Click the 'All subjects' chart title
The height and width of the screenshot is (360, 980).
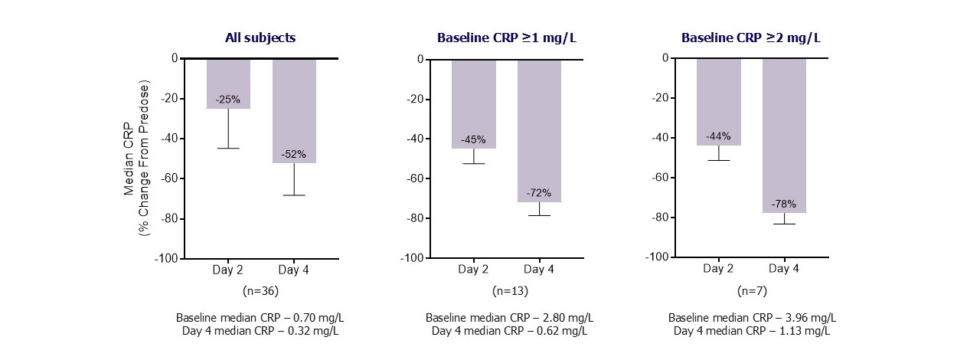[x=260, y=37]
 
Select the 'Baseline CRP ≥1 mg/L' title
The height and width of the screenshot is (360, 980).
[x=506, y=37]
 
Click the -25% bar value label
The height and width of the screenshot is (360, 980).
[x=227, y=100]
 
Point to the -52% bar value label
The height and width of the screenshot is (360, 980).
[x=294, y=154]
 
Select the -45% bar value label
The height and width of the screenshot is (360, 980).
[x=473, y=139]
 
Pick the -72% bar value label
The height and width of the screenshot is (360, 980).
[x=538, y=193]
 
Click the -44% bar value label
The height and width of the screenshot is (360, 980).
[x=718, y=136]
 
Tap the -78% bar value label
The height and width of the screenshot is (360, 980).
[x=784, y=205]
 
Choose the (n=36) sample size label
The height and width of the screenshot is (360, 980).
[x=260, y=291]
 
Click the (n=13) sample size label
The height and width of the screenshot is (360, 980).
[x=506, y=291]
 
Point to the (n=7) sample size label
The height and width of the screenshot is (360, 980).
[x=751, y=291]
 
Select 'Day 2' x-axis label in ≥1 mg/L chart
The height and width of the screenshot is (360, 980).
[x=473, y=269]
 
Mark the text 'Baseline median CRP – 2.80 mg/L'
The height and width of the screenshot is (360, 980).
[x=509, y=317]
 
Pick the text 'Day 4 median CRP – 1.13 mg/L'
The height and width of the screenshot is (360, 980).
[x=752, y=331]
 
